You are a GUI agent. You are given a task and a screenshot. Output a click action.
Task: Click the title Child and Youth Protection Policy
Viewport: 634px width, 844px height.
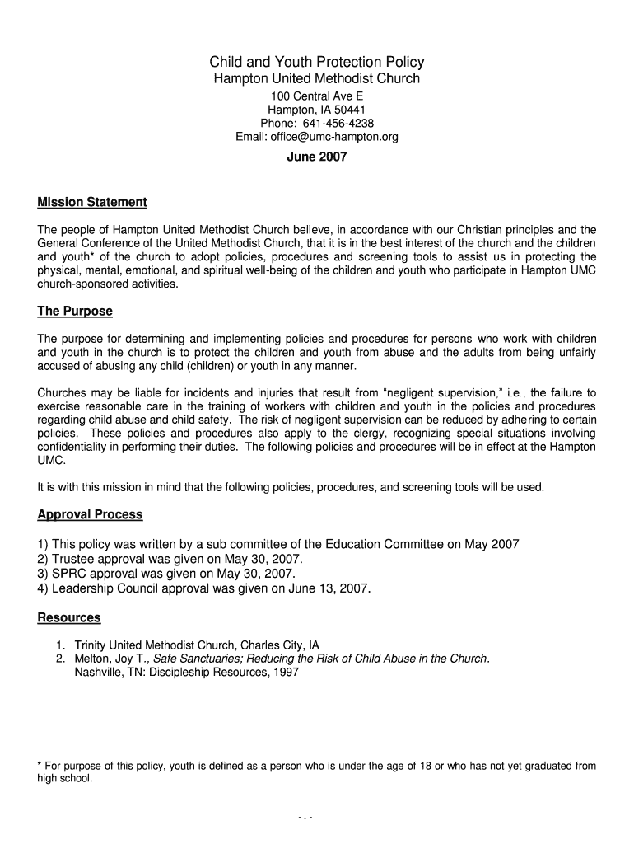[317, 63]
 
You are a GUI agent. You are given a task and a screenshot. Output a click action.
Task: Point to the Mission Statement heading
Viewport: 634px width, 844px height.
[92, 203]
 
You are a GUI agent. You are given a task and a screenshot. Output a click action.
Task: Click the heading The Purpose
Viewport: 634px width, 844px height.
[75, 312]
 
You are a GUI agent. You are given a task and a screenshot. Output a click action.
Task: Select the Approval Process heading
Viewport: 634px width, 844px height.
[91, 514]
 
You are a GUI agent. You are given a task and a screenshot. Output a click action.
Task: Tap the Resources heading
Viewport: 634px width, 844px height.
[69, 617]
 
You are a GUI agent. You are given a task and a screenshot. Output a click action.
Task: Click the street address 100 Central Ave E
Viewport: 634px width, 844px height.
[317, 96]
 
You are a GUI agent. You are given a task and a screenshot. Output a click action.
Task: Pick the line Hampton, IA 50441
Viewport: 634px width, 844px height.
[317, 110]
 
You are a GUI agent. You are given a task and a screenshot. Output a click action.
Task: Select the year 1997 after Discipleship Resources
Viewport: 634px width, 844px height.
[285, 672]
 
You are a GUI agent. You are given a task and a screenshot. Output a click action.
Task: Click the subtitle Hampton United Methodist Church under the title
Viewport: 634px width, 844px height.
[317, 79]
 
